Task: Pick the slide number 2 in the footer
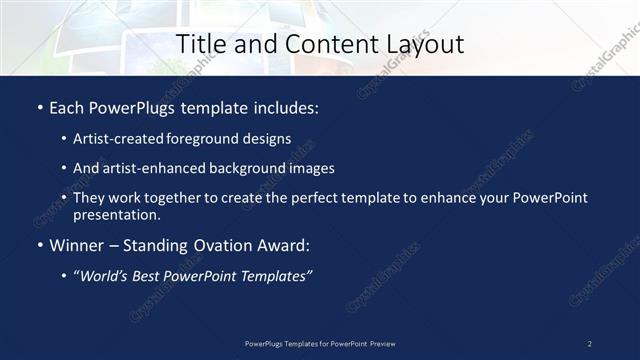pos(590,343)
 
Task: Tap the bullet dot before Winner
pos(39,245)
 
